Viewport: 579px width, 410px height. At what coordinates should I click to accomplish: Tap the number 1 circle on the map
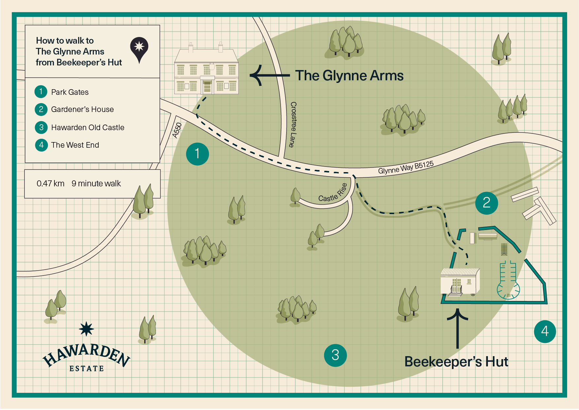(197, 154)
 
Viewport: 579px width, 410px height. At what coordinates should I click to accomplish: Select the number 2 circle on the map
(487, 203)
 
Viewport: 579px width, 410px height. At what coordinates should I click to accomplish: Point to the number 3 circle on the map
(335, 355)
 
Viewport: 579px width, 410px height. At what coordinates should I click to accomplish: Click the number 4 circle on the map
(545, 331)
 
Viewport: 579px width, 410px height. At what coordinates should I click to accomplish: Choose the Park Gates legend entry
(62, 92)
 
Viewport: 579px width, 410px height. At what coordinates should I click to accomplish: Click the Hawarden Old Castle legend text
(88, 128)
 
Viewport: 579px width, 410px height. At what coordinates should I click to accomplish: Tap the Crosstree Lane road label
(293, 124)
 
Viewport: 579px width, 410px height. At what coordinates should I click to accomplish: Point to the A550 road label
(177, 130)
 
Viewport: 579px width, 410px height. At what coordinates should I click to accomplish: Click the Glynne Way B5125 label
(406, 168)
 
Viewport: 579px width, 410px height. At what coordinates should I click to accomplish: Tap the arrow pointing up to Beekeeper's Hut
(458, 328)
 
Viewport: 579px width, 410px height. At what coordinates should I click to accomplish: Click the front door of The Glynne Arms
(207, 86)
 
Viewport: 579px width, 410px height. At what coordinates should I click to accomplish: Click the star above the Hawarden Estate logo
(86, 329)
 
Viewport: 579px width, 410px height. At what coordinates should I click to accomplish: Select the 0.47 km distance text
(51, 184)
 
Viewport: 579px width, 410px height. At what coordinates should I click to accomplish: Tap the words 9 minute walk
(96, 184)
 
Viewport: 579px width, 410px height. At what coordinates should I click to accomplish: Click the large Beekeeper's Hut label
(456, 362)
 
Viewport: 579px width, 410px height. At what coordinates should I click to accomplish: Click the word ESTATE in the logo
(86, 368)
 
